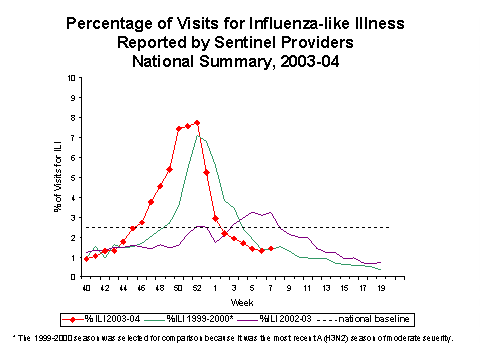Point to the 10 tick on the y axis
pyautogui.click(x=68, y=78)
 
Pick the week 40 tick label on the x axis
pyautogui.click(x=87, y=288)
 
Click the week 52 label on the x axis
pyautogui.click(x=197, y=288)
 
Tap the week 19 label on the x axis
pyautogui.click(x=379, y=288)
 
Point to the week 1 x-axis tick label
pyautogui.click(x=215, y=288)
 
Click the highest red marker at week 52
pyautogui.click(x=197, y=123)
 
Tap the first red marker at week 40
pyautogui.click(x=87, y=259)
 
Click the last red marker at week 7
pyautogui.click(x=270, y=248)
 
